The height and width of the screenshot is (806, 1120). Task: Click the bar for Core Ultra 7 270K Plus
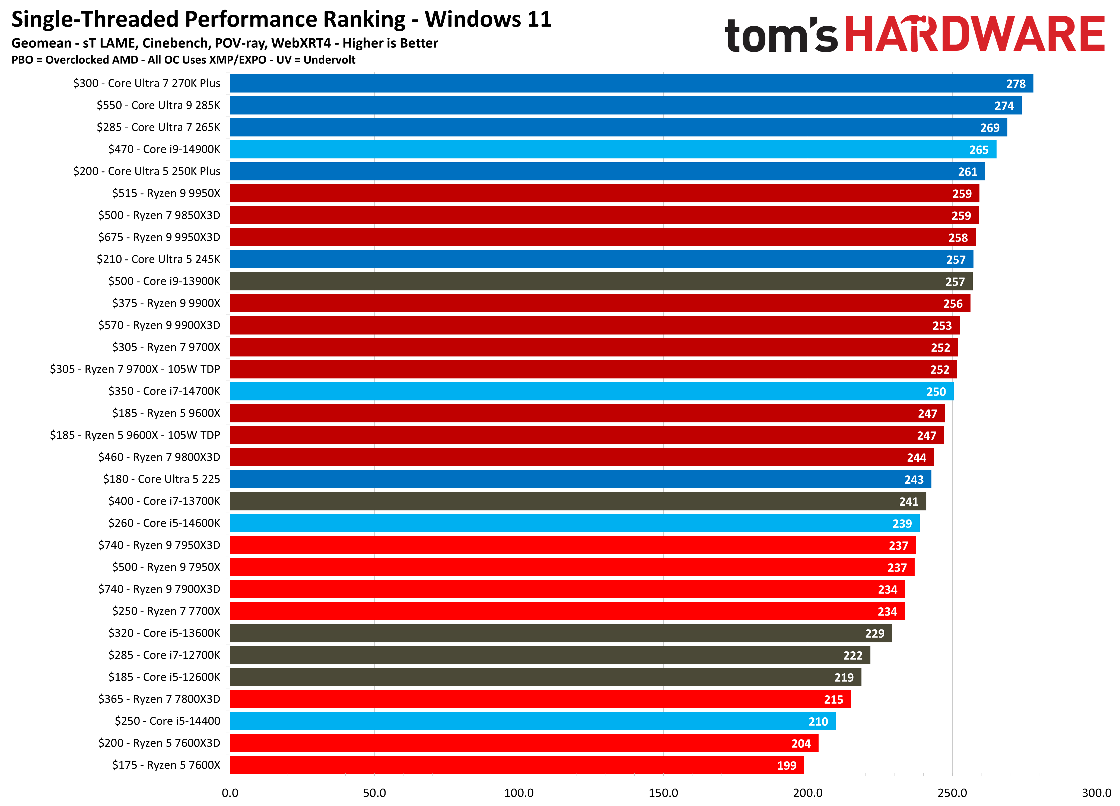631,84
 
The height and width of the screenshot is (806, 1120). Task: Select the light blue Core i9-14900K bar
612,149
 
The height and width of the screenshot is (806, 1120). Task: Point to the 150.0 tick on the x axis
663,793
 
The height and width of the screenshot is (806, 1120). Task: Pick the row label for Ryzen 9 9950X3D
159,237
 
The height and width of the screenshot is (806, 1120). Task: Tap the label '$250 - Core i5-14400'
167,721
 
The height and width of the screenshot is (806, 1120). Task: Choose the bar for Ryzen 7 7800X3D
540,699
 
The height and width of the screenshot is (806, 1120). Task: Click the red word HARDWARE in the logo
974,34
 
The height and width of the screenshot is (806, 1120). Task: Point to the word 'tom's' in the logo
781,36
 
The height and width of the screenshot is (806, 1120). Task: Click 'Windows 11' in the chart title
488,20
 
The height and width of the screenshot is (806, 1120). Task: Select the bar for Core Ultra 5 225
580,479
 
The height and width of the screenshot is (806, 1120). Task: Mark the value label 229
874,634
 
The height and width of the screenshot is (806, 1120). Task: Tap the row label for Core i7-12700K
164,655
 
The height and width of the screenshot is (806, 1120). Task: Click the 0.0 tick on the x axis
230,793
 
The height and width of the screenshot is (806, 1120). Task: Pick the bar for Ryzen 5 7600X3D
524,743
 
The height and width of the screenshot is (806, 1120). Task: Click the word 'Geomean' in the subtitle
42,43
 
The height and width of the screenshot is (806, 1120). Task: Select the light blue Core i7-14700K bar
591,391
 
